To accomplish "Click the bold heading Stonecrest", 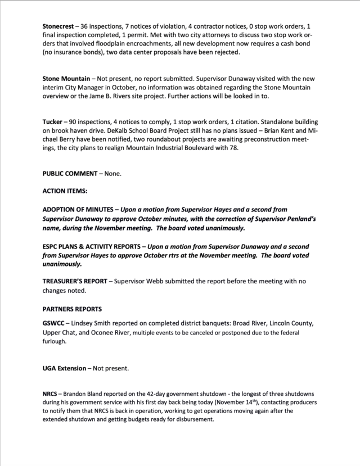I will click(59, 27).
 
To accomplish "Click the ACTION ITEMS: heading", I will click(65, 191).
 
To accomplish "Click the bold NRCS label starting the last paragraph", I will click(51, 395).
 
